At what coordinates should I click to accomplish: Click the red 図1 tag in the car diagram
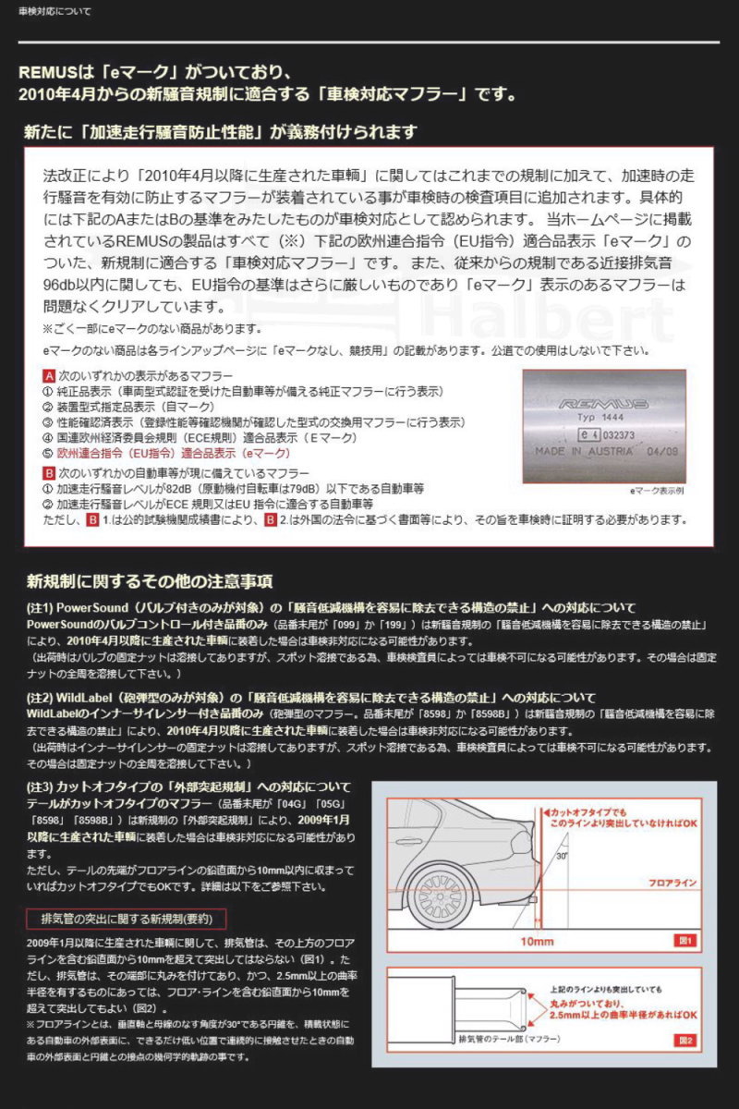point(684,940)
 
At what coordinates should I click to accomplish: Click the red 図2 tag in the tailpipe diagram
point(684,1040)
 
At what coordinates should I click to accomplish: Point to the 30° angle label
point(559,855)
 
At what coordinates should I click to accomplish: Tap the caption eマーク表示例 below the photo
point(656,491)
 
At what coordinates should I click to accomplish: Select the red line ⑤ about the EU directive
point(166,454)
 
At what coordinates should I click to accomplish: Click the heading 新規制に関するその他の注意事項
point(149,580)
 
